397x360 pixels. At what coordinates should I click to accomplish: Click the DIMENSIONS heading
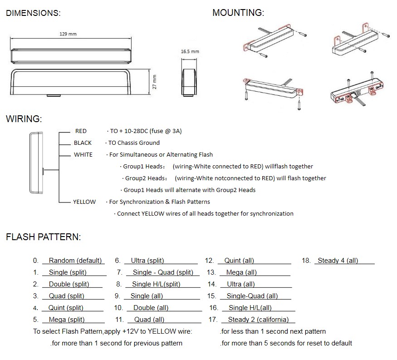tap(33, 13)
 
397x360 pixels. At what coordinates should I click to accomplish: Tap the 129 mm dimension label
tap(68, 34)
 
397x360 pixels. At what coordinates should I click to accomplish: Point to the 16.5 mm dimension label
tap(190, 51)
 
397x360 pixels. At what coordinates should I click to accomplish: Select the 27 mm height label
tap(154, 82)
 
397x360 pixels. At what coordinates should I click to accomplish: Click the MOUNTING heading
tap(238, 13)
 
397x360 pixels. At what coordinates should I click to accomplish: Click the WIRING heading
tap(24, 119)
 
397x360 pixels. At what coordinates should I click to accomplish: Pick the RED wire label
tap(81, 131)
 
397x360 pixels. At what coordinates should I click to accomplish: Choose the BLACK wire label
tap(83, 143)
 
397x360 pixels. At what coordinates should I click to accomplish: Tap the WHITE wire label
tap(83, 154)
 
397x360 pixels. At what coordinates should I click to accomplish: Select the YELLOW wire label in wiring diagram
tap(84, 202)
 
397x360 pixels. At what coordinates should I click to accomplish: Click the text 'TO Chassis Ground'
tap(134, 143)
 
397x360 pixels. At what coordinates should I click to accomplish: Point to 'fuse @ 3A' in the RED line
tap(166, 131)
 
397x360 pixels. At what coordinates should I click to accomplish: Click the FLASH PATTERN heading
tap(43, 237)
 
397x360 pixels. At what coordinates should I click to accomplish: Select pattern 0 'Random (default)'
tap(75, 261)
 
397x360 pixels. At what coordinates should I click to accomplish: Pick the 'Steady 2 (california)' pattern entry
tap(258, 320)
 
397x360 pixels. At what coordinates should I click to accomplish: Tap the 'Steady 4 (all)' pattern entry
tap(338, 261)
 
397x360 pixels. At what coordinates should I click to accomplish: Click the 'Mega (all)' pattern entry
tap(241, 272)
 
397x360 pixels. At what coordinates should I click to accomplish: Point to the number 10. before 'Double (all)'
tap(118, 308)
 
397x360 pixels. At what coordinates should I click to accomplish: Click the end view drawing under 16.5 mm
tap(189, 82)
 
